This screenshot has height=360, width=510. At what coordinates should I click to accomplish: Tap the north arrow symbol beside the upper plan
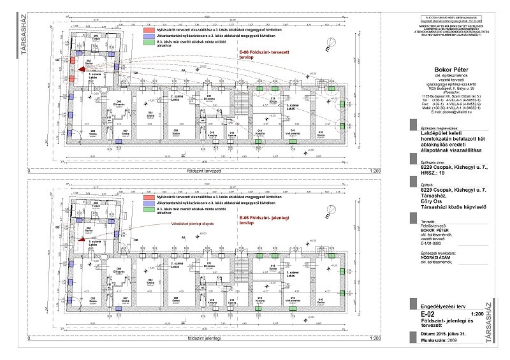pyautogui.click(x=328, y=46)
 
